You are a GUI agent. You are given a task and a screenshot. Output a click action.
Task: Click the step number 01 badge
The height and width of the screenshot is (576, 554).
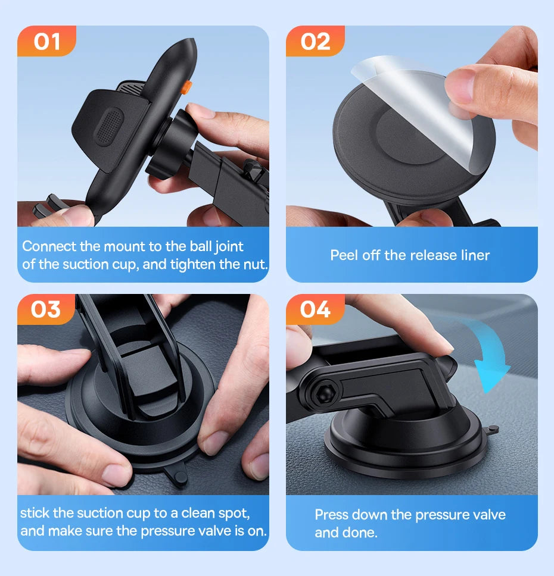pos(47,42)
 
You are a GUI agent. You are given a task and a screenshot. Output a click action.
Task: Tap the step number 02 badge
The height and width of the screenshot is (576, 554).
pos(316,42)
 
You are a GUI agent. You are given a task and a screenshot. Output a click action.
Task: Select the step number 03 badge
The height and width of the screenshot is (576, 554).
pos(46,309)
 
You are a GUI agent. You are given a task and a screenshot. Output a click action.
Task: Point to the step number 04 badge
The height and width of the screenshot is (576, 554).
pos(315,309)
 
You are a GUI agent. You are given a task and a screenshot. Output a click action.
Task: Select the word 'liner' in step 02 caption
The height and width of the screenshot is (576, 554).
pos(474,255)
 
